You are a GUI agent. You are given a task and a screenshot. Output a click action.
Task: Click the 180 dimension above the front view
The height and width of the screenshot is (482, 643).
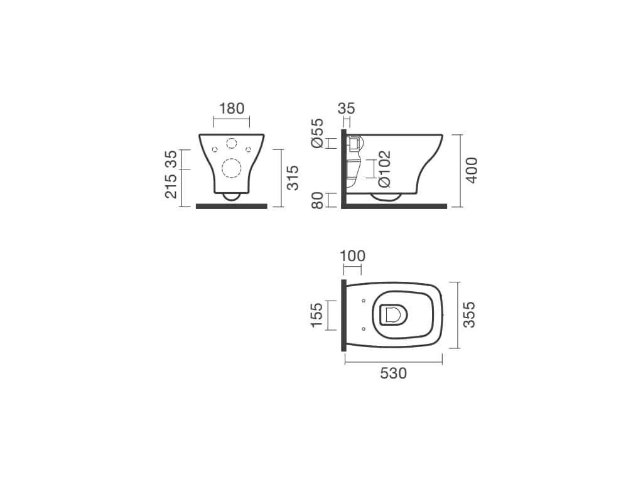(232, 109)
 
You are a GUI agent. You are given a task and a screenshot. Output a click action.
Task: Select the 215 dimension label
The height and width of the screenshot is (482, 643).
(171, 186)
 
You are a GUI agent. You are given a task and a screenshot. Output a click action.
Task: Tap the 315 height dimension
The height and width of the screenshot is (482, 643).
(293, 178)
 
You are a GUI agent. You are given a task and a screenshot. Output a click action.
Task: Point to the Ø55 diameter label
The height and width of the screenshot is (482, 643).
(317, 133)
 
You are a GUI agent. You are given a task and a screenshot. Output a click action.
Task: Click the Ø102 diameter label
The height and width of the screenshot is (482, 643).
(384, 169)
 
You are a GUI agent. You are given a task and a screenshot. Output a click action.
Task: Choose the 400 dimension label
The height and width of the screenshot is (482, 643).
(472, 170)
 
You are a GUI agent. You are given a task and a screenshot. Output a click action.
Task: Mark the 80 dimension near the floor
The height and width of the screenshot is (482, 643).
(317, 200)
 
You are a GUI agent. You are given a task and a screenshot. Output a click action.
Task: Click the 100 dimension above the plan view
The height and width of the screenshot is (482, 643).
(353, 256)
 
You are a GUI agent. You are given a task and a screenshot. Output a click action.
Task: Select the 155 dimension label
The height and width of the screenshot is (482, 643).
(316, 315)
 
